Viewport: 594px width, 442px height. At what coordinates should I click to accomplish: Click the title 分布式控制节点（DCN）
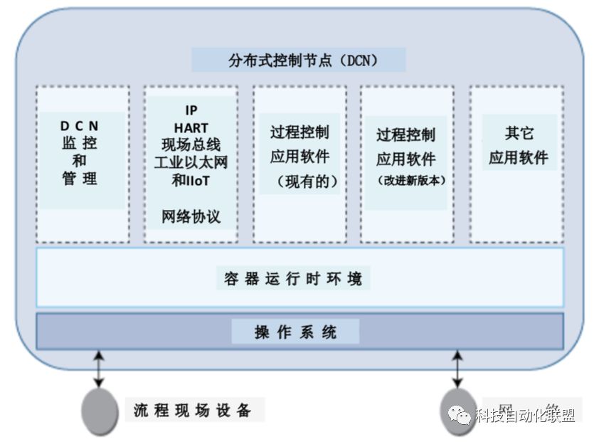(298, 60)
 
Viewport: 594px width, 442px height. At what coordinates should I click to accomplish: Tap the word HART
(191, 128)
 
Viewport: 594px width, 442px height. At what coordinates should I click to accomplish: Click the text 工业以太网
(191, 163)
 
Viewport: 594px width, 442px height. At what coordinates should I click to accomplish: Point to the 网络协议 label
(191, 216)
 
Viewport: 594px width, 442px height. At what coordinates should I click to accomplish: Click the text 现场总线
(191, 145)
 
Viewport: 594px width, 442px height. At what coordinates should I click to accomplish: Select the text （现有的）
(299, 181)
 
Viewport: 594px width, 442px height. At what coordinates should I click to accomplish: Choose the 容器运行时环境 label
(293, 278)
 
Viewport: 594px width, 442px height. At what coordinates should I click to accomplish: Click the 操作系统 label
(295, 332)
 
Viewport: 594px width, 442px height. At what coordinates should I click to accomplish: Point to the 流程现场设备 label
(193, 410)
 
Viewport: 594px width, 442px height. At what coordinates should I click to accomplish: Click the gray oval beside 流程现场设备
(100, 411)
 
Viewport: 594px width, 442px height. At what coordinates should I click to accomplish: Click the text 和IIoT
(191, 181)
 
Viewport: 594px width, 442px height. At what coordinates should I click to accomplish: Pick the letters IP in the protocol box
(191, 111)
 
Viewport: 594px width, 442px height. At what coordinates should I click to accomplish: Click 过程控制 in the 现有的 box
(299, 132)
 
